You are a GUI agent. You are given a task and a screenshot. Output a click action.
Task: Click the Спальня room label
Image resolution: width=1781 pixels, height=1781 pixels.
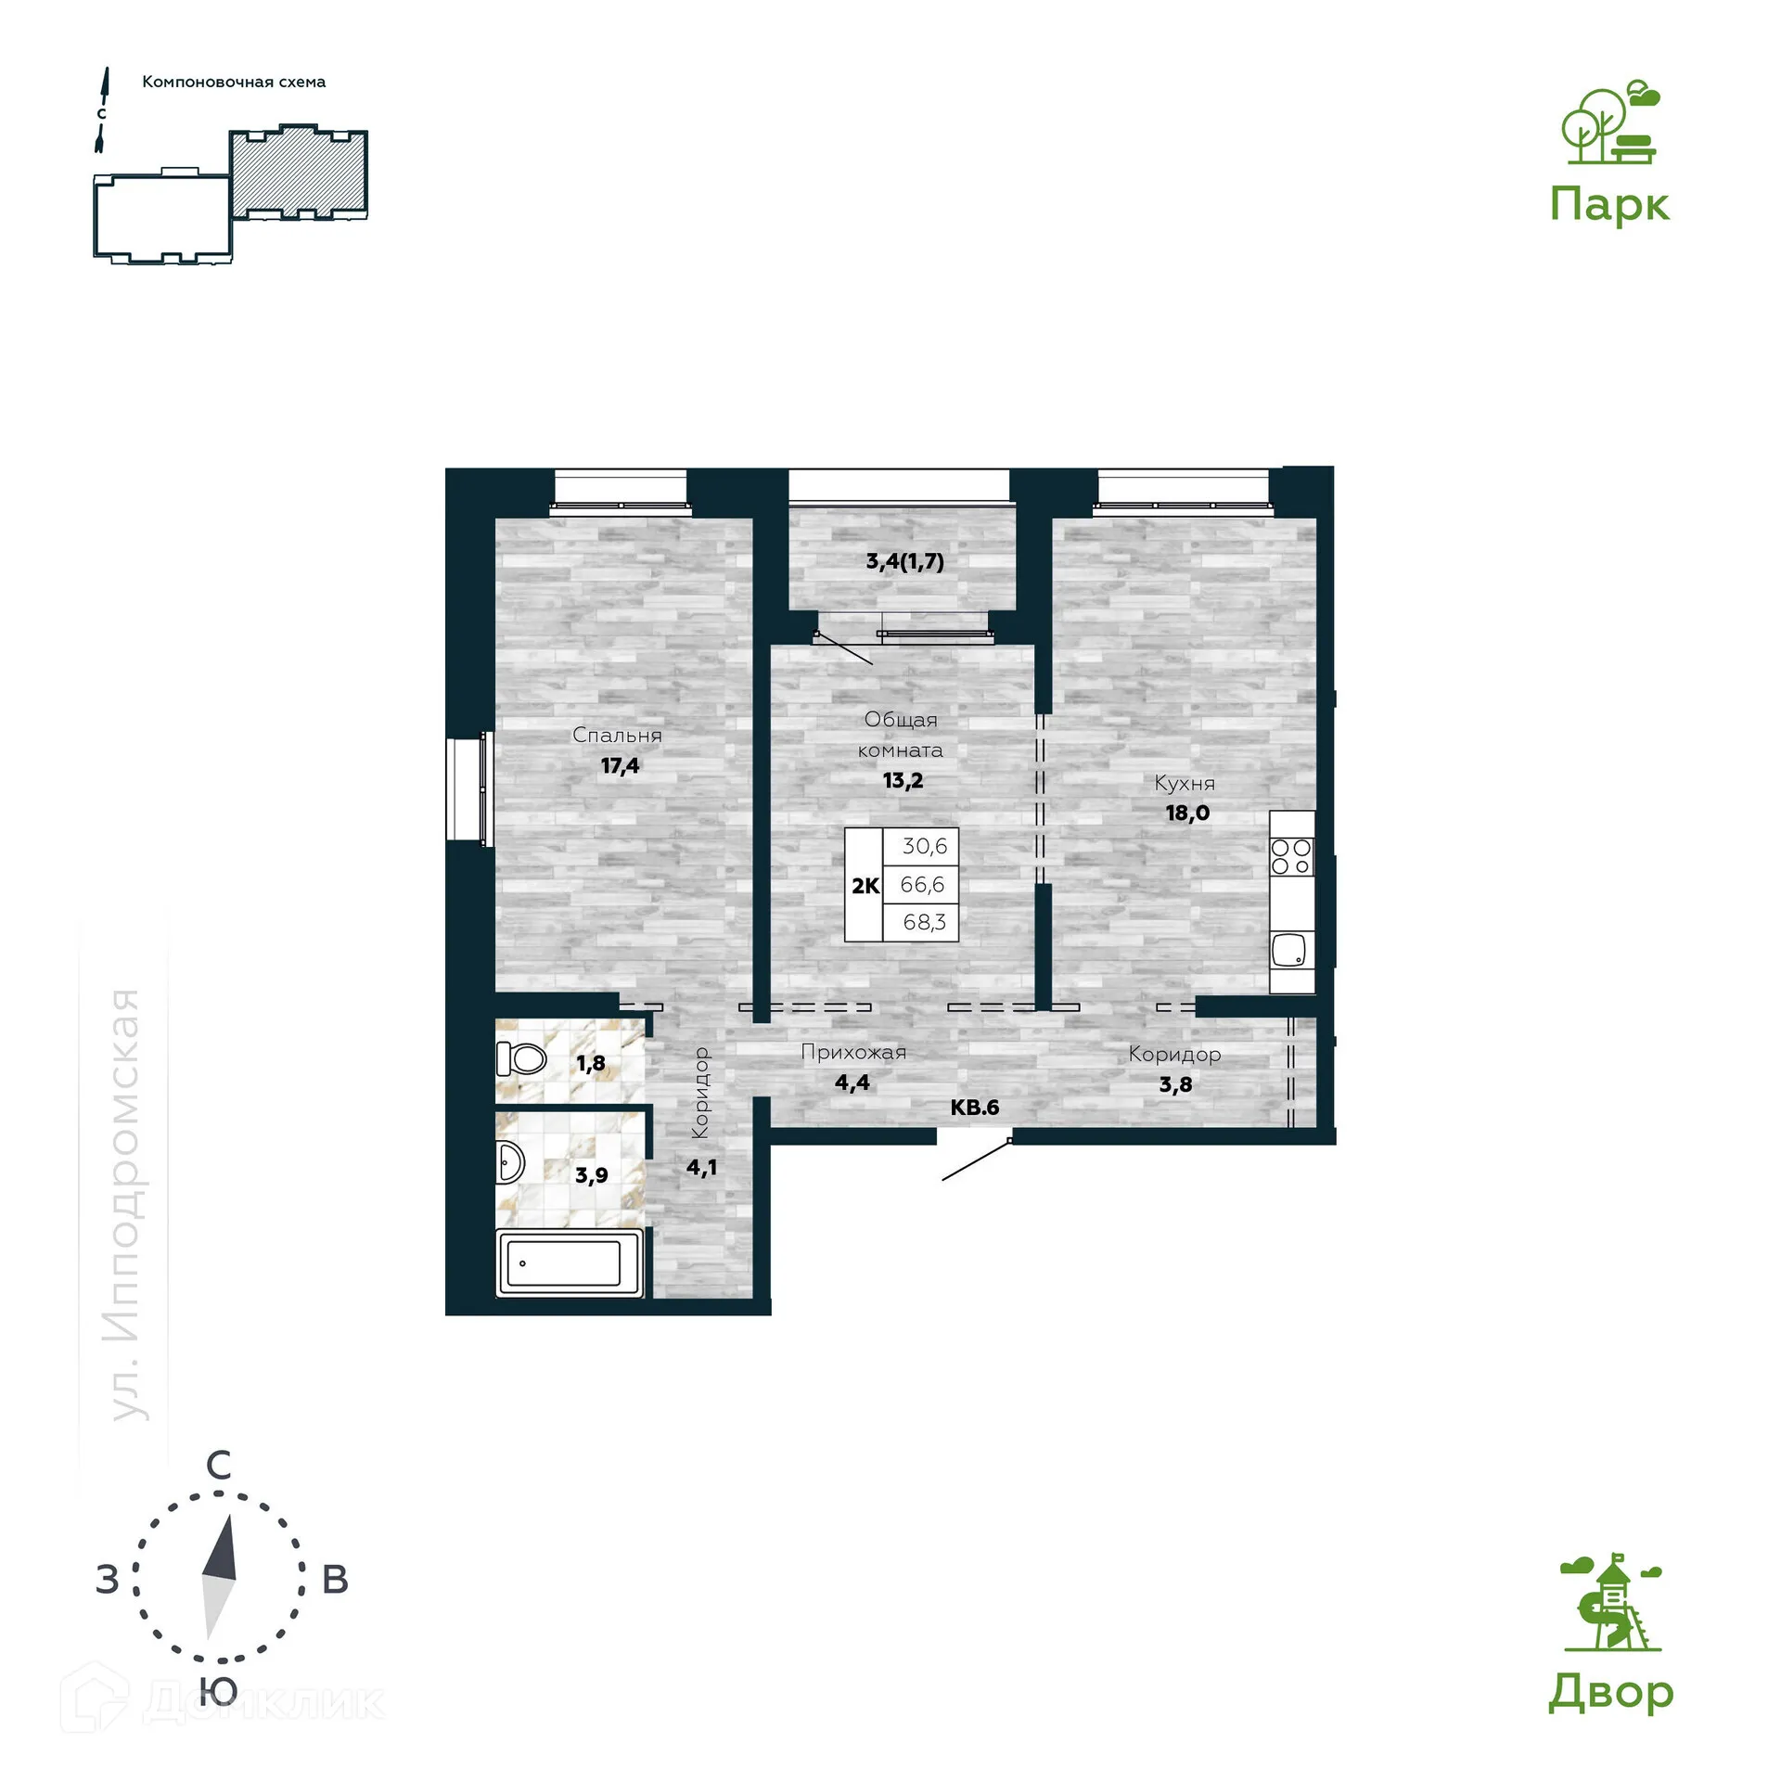tap(617, 735)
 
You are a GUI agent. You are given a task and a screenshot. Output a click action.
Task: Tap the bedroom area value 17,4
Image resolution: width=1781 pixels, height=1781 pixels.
tap(620, 765)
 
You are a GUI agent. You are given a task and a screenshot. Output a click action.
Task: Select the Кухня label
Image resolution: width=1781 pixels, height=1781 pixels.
tap(1184, 783)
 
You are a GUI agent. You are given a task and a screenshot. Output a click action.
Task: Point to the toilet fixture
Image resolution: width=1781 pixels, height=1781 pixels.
tap(521, 1057)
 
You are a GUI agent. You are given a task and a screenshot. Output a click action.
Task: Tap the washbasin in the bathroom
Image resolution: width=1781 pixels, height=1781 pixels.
tap(510, 1161)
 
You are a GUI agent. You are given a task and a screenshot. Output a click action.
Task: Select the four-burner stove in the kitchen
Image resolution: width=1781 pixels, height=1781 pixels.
tap(1290, 856)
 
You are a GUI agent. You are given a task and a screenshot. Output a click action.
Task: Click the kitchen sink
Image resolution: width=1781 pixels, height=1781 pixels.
tap(1289, 951)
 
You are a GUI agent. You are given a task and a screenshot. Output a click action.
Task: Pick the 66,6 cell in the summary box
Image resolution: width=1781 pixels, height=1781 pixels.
tap(921, 884)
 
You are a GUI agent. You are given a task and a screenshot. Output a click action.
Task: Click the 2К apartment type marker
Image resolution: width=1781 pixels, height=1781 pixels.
tap(865, 886)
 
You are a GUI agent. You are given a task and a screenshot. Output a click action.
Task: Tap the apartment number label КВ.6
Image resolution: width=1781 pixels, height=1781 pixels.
tap(974, 1107)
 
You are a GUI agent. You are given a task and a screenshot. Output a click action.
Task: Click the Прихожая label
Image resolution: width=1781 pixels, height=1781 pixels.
tap(852, 1052)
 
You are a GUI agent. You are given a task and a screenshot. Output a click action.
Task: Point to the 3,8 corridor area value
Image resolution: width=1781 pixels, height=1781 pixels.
tap(1175, 1084)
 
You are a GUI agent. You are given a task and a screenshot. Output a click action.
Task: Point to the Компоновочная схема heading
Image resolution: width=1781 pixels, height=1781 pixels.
tap(234, 82)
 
